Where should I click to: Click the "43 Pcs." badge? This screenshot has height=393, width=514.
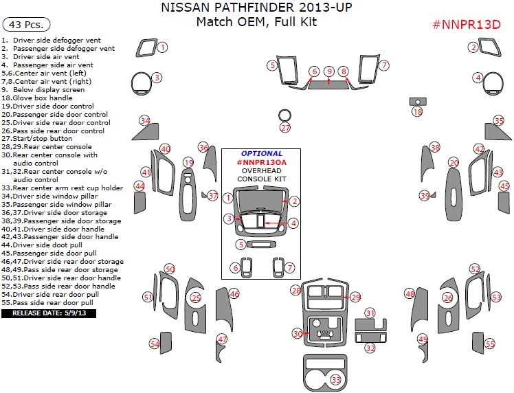point(27,25)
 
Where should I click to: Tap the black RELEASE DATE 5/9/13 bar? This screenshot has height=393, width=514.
point(49,313)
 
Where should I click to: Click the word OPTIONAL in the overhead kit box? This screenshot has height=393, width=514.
point(261,153)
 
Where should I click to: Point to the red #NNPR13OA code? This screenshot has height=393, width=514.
point(261,162)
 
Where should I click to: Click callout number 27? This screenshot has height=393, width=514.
point(285,128)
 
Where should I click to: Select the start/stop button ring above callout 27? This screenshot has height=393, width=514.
point(285,114)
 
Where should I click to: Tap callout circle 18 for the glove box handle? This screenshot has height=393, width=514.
point(417,111)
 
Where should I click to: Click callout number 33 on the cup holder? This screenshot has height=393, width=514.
point(336,379)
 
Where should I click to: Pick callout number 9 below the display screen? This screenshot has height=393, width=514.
point(329,71)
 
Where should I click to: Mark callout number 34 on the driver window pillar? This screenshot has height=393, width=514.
point(144,121)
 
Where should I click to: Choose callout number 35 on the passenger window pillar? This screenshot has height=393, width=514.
point(499,121)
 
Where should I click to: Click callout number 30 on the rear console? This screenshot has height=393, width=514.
point(297,333)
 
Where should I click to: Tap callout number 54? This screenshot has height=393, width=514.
point(155,344)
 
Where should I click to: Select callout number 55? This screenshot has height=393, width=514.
point(489,344)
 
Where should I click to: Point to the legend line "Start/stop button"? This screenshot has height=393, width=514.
point(46,139)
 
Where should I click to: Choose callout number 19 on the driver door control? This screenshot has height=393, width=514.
point(188,162)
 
